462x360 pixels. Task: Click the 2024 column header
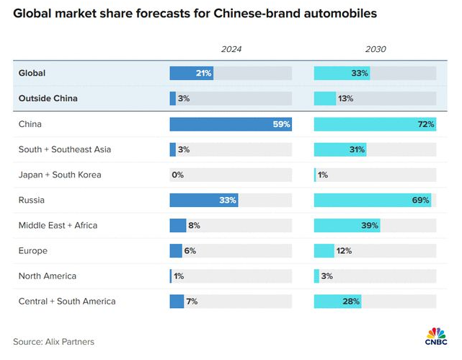pos(231,49)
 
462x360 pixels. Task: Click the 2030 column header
pos(375,49)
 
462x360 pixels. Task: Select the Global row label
pos(33,74)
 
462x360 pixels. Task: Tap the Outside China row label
pos(48,99)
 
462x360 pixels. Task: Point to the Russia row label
pos(32,200)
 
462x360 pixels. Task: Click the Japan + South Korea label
pos(60,175)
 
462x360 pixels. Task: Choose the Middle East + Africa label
pos(58,225)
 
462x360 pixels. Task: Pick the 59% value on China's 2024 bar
pos(281,124)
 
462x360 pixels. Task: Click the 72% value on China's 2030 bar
pos(426,124)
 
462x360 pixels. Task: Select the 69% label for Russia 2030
pos(420,200)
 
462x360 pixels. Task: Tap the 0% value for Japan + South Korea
pos(177,175)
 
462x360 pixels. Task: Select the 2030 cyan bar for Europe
pos(324,250)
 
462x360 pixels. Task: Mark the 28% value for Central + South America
pos(352,301)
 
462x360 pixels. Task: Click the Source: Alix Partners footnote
pos(53,341)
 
